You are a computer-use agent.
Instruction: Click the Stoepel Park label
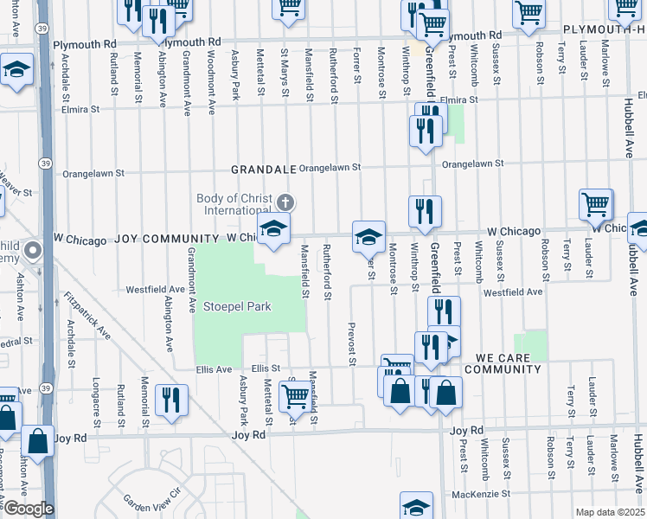pos(237,306)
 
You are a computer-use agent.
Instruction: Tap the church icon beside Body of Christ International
pos(285,203)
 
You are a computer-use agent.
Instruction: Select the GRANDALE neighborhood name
pos(263,169)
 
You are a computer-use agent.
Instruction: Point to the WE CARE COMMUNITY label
pos(503,363)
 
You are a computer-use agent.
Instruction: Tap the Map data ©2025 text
pos(609,512)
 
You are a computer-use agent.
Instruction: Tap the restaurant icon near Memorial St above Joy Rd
pos(171,400)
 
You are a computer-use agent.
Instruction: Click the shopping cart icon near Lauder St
pos(596,205)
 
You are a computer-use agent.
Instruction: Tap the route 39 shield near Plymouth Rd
pos(42,28)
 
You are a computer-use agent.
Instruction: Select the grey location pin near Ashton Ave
pos(33,253)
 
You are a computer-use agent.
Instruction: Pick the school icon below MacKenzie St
pos(416,506)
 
